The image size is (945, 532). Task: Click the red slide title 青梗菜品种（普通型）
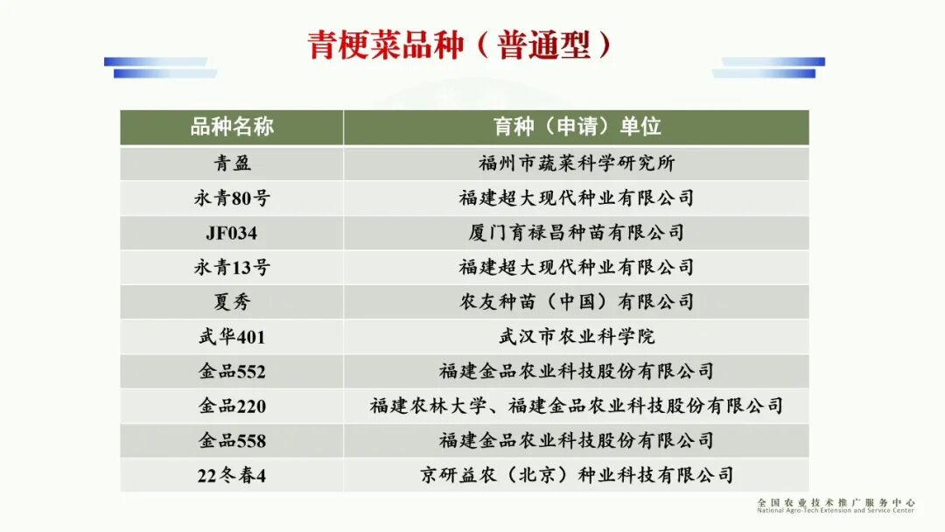click(x=460, y=45)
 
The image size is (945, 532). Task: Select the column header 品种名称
click(x=232, y=127)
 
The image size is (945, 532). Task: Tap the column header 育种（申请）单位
click(x=577, y=127)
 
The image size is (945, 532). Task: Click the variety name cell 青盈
click(x=232, y=164)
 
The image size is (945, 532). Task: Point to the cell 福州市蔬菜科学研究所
click(x=577, y=164)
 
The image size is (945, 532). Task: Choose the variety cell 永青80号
click(x=232, y=199)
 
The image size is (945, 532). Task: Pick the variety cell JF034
click(x=232, y=234)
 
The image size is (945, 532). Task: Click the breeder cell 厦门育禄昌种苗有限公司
click(x=577, y=233)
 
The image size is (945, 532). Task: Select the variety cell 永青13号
click(x=232, y=268)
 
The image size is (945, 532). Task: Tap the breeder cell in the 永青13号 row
click(x=577, y=268)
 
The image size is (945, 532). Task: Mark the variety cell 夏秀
click(x=232, y=303)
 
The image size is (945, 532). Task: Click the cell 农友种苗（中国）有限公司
click(x=577, y=303)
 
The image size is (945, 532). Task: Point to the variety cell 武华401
click(x=232, y=337)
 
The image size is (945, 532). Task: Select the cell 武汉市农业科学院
click(x=577, y=337)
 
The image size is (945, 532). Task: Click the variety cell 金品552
click(x=232, y=372)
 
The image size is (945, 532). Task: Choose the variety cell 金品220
click(x=232, y=406)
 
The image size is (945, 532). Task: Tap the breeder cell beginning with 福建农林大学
click(x=577, y=406)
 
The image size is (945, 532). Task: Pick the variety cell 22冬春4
click(x=232, y=476)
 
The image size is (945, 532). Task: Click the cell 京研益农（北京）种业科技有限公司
click(x=577, y=476)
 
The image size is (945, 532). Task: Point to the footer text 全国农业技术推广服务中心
click(x=836, y=503)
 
